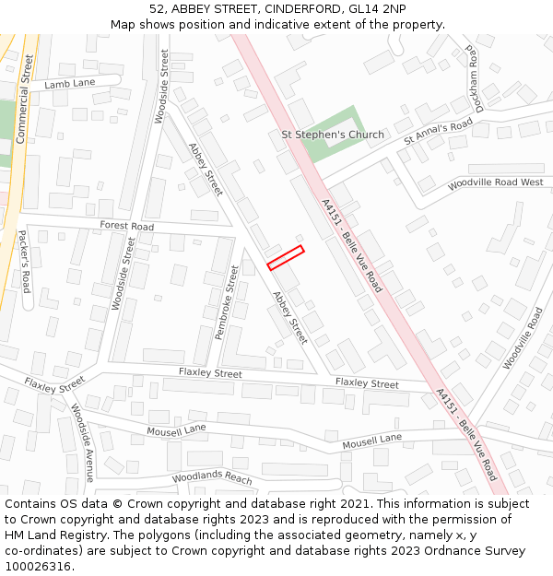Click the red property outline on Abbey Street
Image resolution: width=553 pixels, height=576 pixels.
click(286, 257)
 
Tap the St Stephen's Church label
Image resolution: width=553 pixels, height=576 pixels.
click(332, 135)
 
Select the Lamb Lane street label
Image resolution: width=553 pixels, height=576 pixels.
click(70, 84)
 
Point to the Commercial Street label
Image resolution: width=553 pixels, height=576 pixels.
click(24, 98)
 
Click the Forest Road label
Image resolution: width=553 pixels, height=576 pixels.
click(126, 226)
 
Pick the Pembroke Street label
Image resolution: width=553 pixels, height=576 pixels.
click(227, 302)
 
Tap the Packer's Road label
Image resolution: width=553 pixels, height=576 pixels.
click(25, 262)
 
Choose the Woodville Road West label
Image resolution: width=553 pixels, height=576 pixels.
click(495, 183)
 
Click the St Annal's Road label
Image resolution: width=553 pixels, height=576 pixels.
click(438, 131)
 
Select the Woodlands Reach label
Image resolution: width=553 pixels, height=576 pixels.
click(212, 478)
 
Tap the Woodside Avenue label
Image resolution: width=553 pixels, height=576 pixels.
click(83, 442)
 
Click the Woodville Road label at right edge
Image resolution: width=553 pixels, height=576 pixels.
click(523, 338)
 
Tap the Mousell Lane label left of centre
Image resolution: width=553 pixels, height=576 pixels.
click(176, 429)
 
